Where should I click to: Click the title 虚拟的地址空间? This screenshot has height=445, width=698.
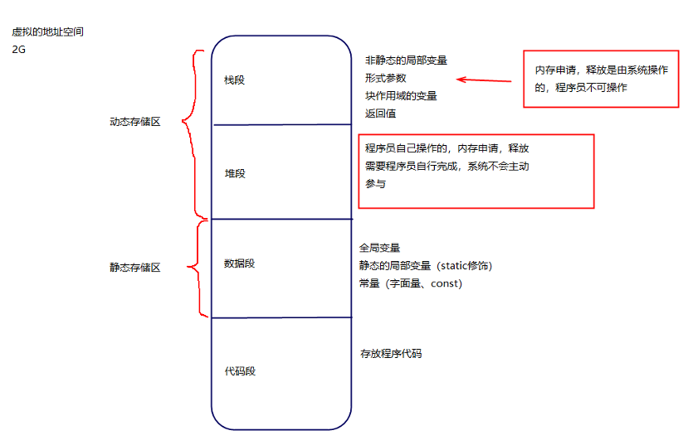[x=47, y=32]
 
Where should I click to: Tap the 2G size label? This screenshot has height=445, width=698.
[x=19, y=50]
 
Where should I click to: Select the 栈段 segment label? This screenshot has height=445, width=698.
[x=235, y=80]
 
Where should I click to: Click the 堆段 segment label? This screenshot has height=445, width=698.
[x=235, y=174]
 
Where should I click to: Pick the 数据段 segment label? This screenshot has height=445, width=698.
[x=239, y=264]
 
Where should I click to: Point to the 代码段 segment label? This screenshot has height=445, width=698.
[x=240, y=371]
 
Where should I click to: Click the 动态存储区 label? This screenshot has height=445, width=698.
[x=134, y=121]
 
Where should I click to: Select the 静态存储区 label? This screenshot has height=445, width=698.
[x=134, y=268]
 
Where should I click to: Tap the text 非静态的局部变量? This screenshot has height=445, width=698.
[x=406, y=60]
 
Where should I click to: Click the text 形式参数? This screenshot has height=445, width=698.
[x=385, y=78]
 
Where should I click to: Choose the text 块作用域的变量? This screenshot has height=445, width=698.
[x=401, y=96]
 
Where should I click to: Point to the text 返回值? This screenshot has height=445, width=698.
[x=380, y=114]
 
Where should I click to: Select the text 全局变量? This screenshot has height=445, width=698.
[x=380, y=248]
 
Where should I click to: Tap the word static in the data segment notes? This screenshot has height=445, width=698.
[x=461, y=265]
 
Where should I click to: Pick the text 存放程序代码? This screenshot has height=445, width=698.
[x=391, y=354]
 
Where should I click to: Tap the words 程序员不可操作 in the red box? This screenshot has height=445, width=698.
[x=594, y=88]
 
